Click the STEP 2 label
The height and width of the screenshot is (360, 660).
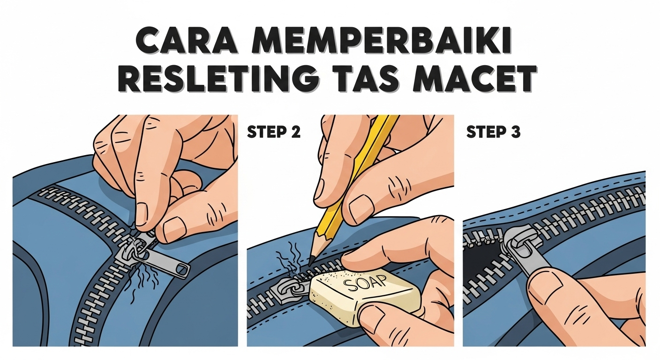[273, 133]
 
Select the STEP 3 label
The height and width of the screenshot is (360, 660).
[493, 133]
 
